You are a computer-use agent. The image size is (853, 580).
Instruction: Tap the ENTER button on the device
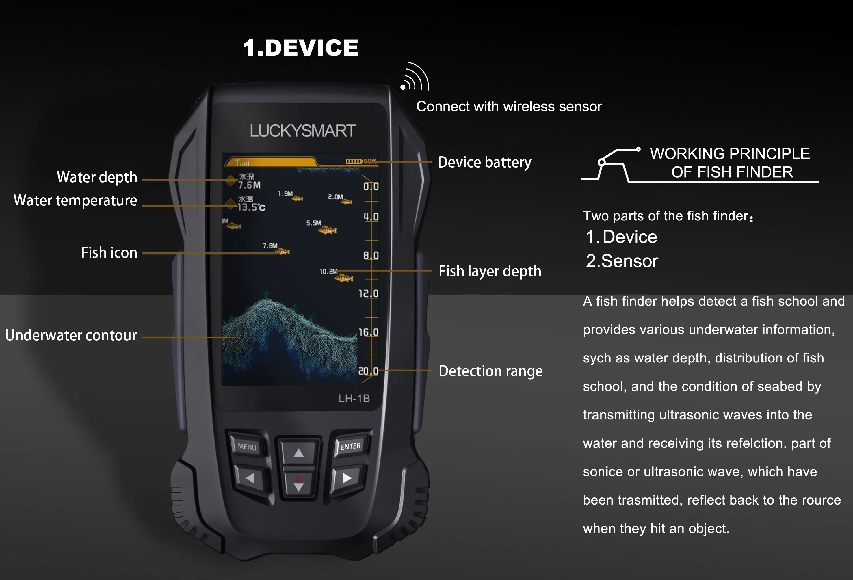[350, 446]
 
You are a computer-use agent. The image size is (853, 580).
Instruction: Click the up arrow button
[298, 453]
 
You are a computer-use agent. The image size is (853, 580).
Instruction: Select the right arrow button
[347, 478]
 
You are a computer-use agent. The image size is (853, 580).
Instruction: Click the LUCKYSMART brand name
[303, 131]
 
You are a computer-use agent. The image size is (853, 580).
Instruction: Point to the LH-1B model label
[354, 398]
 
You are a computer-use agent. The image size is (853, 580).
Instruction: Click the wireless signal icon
[415, 77]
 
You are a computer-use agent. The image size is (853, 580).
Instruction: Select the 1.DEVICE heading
[300, 48]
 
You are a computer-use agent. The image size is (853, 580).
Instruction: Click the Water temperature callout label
[75, 200]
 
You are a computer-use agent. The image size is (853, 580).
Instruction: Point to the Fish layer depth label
[490, 271]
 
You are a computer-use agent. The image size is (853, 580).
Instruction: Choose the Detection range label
[490, 371]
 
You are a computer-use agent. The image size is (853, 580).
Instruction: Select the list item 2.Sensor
[622, 261]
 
